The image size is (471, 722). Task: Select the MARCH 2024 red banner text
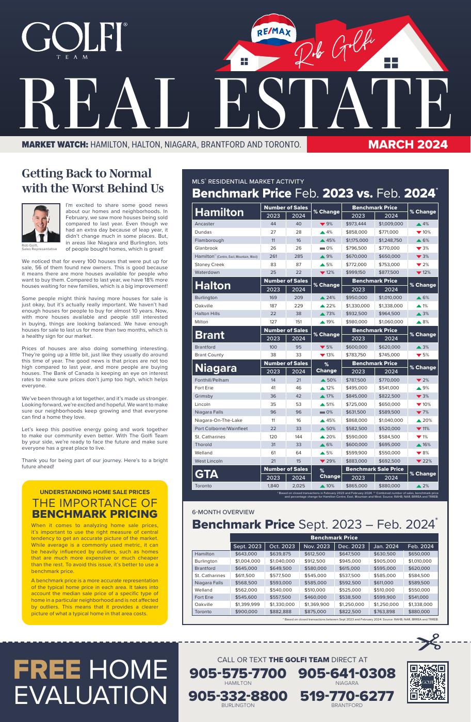point(408,144)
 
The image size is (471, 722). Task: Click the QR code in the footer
point(427,683)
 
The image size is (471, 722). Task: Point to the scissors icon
point(428,643)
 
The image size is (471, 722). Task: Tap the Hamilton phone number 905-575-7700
point(238,674)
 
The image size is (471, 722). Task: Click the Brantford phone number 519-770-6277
point(347,696)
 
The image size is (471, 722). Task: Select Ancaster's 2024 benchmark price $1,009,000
point(391,224)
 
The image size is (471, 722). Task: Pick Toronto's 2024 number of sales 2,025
point(299,486)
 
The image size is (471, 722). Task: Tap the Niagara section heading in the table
point(216,368)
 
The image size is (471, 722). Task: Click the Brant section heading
point(209,335)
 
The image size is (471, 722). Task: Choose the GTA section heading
point(207,474)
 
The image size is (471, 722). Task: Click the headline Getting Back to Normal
point(87,173)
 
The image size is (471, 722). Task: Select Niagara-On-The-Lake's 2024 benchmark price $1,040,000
point(391,420)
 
